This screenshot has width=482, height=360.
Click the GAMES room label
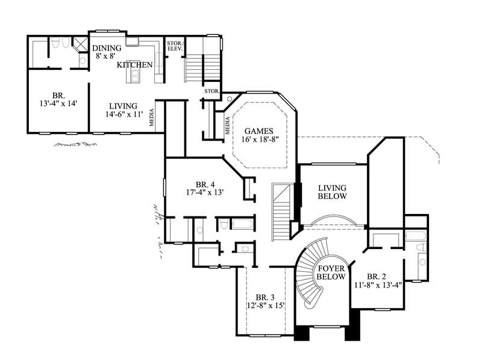click(259, 130)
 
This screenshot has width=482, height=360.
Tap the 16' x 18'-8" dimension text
click(259, 139)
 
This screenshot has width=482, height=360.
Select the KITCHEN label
click(134, 65)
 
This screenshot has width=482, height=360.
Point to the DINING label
click(107, 48)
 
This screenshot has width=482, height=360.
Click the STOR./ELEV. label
click(174, 46)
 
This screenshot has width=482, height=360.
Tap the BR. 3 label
click(265, 297)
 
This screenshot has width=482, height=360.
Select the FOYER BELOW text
click(331, 273)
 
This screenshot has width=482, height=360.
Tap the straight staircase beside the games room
click(281, 211)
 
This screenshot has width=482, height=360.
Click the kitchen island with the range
click(136, 76)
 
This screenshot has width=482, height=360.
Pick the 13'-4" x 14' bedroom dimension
click(58, 104)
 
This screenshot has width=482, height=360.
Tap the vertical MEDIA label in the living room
click(151, 116)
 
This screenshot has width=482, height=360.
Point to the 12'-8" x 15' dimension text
click(265, 306)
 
